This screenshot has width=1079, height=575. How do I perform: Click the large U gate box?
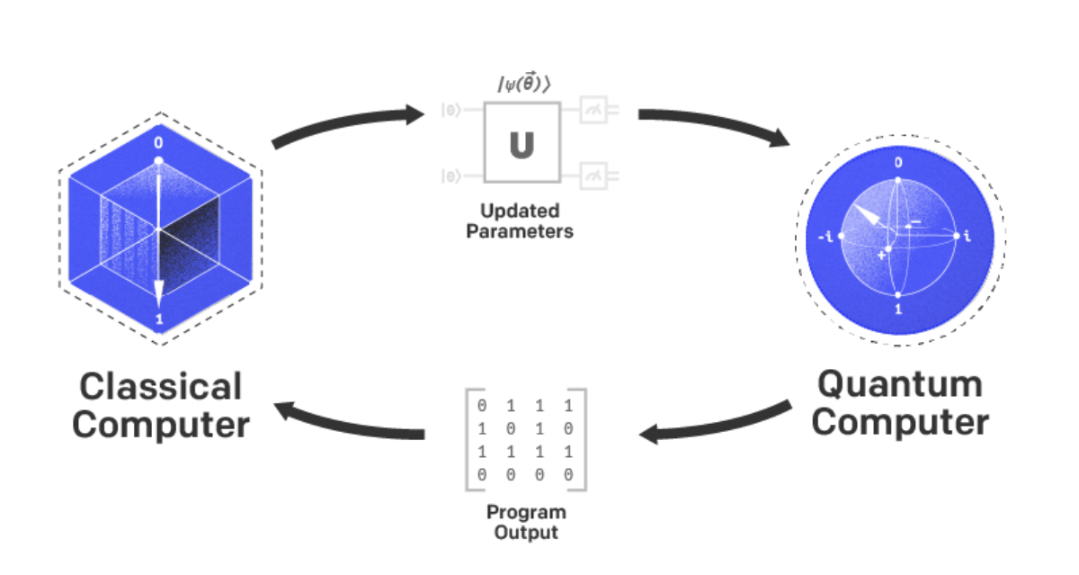point(522,143)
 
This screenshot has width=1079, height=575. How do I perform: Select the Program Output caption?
point(526,522)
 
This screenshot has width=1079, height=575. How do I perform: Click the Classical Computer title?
point(161,405)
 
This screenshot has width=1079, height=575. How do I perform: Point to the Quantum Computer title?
point(900,402)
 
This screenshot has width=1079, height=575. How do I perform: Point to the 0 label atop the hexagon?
point(159,143)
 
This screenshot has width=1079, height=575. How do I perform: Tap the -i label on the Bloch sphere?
point(825,237)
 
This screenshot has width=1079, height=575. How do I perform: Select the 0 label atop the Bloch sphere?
point(897,164)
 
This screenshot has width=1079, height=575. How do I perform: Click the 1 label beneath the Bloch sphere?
point(897,310)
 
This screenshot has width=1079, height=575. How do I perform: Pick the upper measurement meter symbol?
point(594,110)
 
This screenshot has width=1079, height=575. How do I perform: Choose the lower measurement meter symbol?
point(594,176)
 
